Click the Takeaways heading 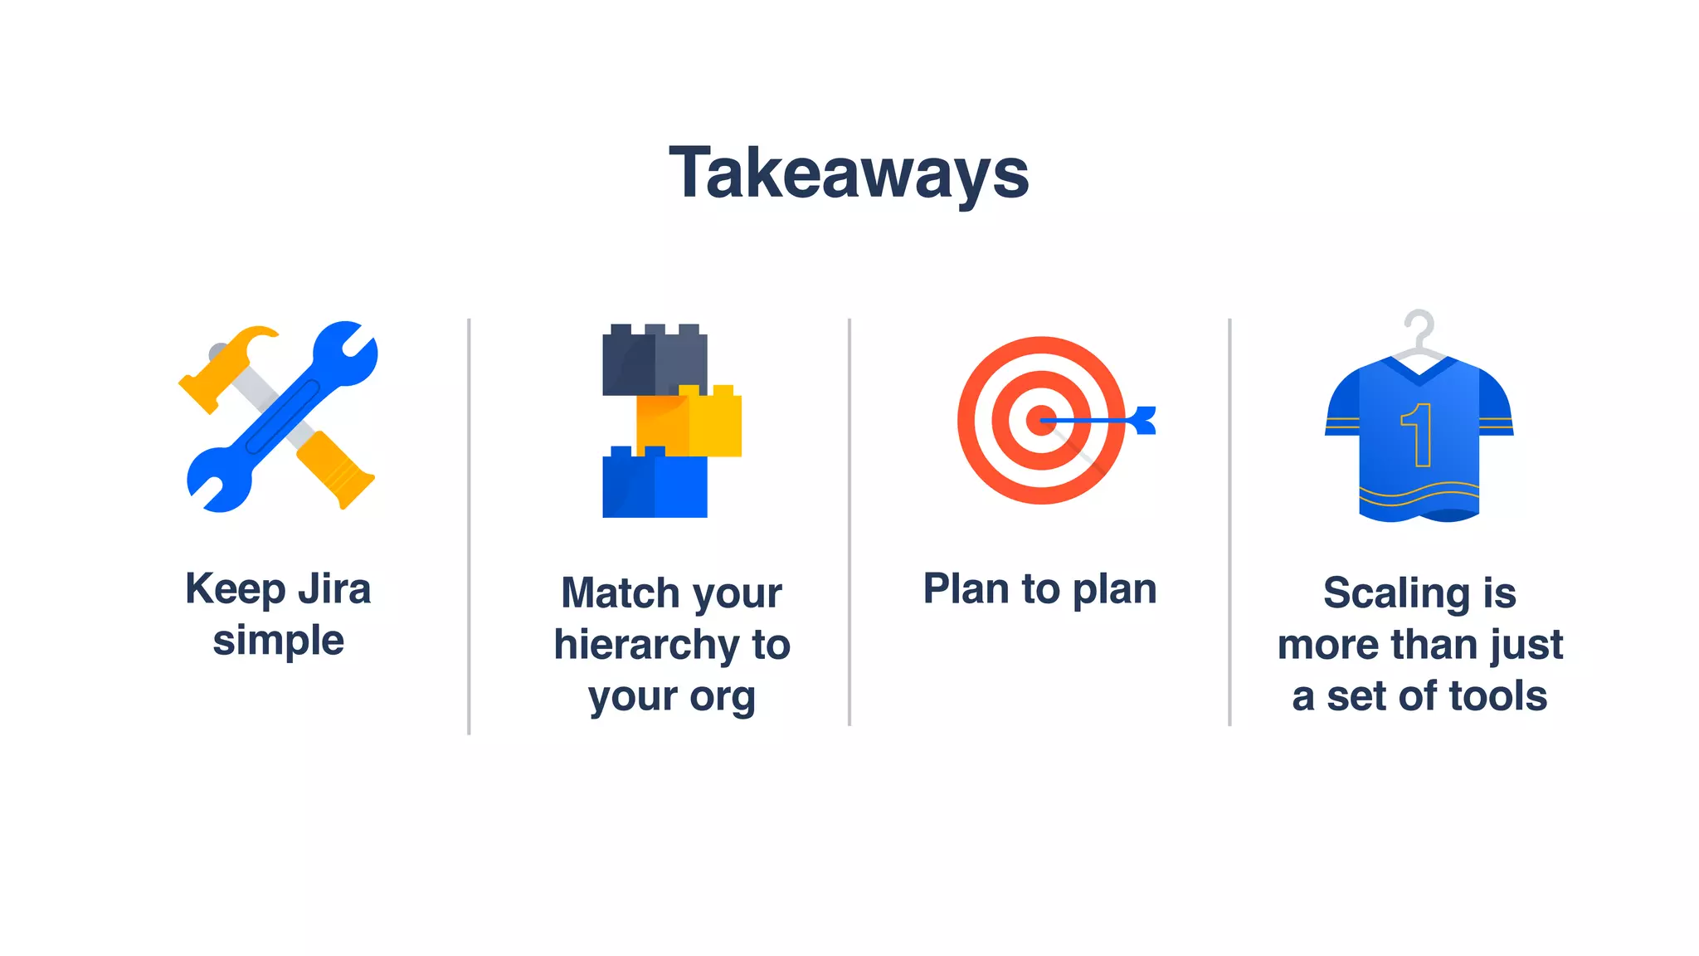pos(849,173)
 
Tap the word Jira pos(334,589)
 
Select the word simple pos(278,641)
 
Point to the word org pos(723,696)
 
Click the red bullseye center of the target pos(1041,421)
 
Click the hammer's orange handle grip pos(336,470)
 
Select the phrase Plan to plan pos(1039,589)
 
